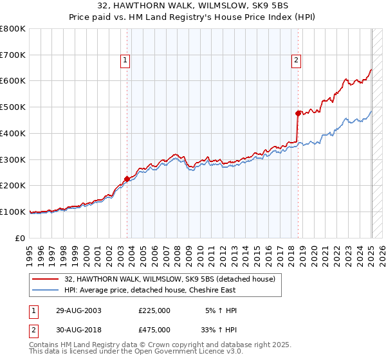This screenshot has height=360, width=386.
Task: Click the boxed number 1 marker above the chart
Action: [125, 61]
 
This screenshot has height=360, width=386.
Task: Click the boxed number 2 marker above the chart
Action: [296, 61]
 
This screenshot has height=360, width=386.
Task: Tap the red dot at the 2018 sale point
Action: [298, 113]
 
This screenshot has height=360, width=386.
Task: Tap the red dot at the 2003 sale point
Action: [127, 179]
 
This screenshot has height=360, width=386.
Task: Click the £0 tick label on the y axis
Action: [21, 238]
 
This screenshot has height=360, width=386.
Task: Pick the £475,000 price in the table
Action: [154, 329]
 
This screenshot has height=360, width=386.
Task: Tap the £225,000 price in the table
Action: [154, 310]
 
